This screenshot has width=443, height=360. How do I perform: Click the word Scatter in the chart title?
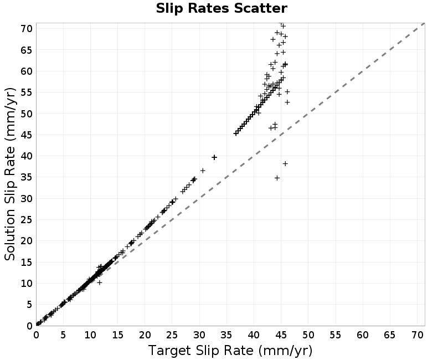click(x=260, y=8)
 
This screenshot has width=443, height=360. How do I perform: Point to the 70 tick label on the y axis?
click(x=27, y=29)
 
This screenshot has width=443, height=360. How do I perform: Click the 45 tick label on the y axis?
click(x=27, y=135)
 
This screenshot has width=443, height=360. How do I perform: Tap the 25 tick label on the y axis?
click(x=27, y=219)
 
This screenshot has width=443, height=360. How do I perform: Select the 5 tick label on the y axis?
click(x=30, y=304)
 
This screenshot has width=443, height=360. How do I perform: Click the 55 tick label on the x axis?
click(x=336, y=335)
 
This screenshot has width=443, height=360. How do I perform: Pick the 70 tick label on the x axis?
click(x=417, y=335)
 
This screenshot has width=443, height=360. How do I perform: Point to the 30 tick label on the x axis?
click(x=199, y=335)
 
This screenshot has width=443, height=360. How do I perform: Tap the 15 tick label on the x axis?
click(x=118, y=335)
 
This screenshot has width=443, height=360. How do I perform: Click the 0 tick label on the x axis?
click(x=36, y=335)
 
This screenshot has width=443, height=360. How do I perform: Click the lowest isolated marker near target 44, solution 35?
click(x=277, y=178)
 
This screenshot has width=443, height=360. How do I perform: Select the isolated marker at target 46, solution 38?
click(x=285, y=163)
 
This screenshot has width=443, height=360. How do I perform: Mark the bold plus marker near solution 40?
click(x=214, y=157)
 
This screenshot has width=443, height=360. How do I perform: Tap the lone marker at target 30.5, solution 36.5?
click(x=203, y=171)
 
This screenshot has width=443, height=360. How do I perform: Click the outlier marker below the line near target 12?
click(x=100, y=282)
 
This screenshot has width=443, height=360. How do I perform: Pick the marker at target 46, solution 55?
click(x=287, y=92)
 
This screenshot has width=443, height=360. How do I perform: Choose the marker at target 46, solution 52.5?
click(x=287, y=102)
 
